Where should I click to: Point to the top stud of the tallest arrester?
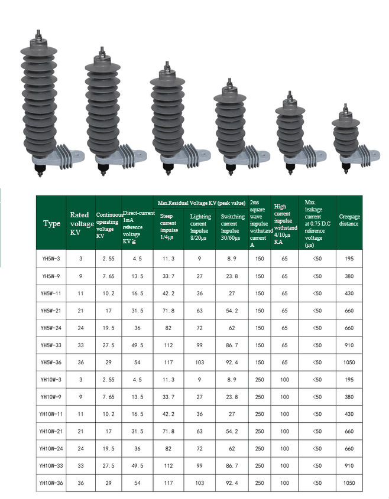click(x=38, y=35)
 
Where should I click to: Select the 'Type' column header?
click(x=51, y=223)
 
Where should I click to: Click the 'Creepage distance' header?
click(x=349, y=220)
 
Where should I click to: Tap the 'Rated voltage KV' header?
click(x=82, y=223)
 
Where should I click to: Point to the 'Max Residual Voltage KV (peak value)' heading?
click(x=202, y=203)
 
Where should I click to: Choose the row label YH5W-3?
click(x=51, y=259)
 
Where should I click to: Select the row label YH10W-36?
click(x=51, y=483)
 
